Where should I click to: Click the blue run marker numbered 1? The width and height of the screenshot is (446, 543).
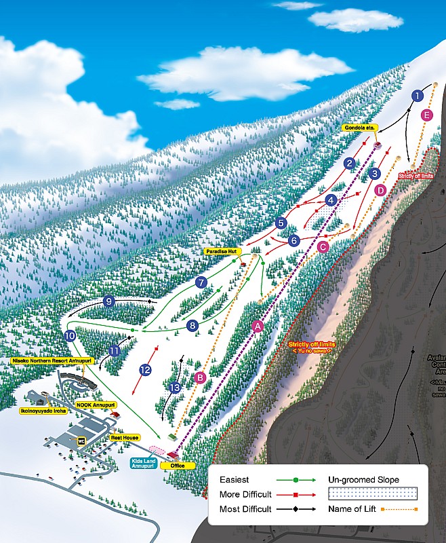(x=417, y=96)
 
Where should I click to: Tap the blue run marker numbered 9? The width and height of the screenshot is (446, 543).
(x=108, y=301)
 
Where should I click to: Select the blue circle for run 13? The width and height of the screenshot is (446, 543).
(x=176, y=388)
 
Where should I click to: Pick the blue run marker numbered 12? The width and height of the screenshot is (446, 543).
(x=145, y=370)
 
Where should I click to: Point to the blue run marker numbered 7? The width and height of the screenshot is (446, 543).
(x=201, y=282)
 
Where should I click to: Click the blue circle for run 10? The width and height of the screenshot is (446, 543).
(x=70, y=335)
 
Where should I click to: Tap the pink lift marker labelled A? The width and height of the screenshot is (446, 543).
(x=257, y=326)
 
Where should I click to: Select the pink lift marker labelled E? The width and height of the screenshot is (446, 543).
(x=426, y=115)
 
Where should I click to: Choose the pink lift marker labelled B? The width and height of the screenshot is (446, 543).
(x=199, y=377)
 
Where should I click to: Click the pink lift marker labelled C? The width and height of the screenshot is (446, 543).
(x=323, y=247)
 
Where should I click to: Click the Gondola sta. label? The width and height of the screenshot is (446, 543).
(x=359, y=127)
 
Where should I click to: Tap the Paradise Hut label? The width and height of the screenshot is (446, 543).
(x=222, y=251)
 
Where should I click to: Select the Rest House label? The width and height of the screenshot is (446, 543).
(x=125, y=438)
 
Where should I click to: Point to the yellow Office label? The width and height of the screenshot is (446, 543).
(x=178, y=466)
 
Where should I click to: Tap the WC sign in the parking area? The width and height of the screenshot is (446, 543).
(x=81, y=441)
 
